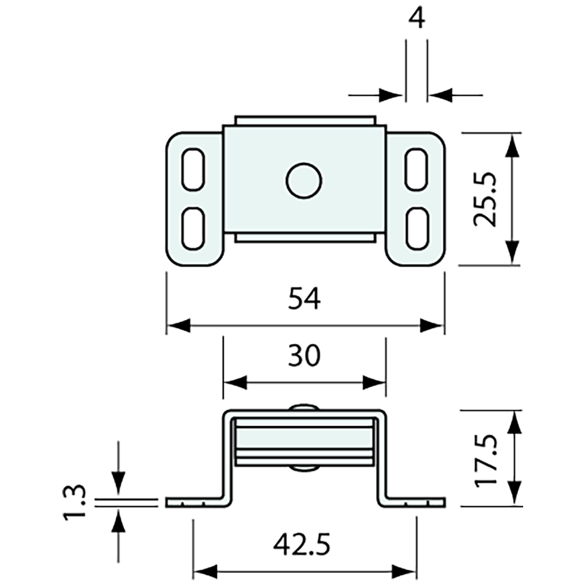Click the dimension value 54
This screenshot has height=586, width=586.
(304, 299)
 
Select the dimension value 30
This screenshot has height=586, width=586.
(304, 356)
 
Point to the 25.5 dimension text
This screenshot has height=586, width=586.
(485, 199)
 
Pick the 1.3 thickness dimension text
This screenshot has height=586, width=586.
(76, 502)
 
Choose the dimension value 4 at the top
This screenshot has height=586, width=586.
(417, 19)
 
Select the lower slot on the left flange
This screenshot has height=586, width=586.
(193, 228)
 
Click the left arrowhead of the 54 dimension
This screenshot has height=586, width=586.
(178, 325)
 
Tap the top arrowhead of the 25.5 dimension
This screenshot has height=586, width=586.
(512, 145)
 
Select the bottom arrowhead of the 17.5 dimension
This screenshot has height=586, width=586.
(514, 493)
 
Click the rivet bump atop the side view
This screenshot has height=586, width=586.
(304, 407)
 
